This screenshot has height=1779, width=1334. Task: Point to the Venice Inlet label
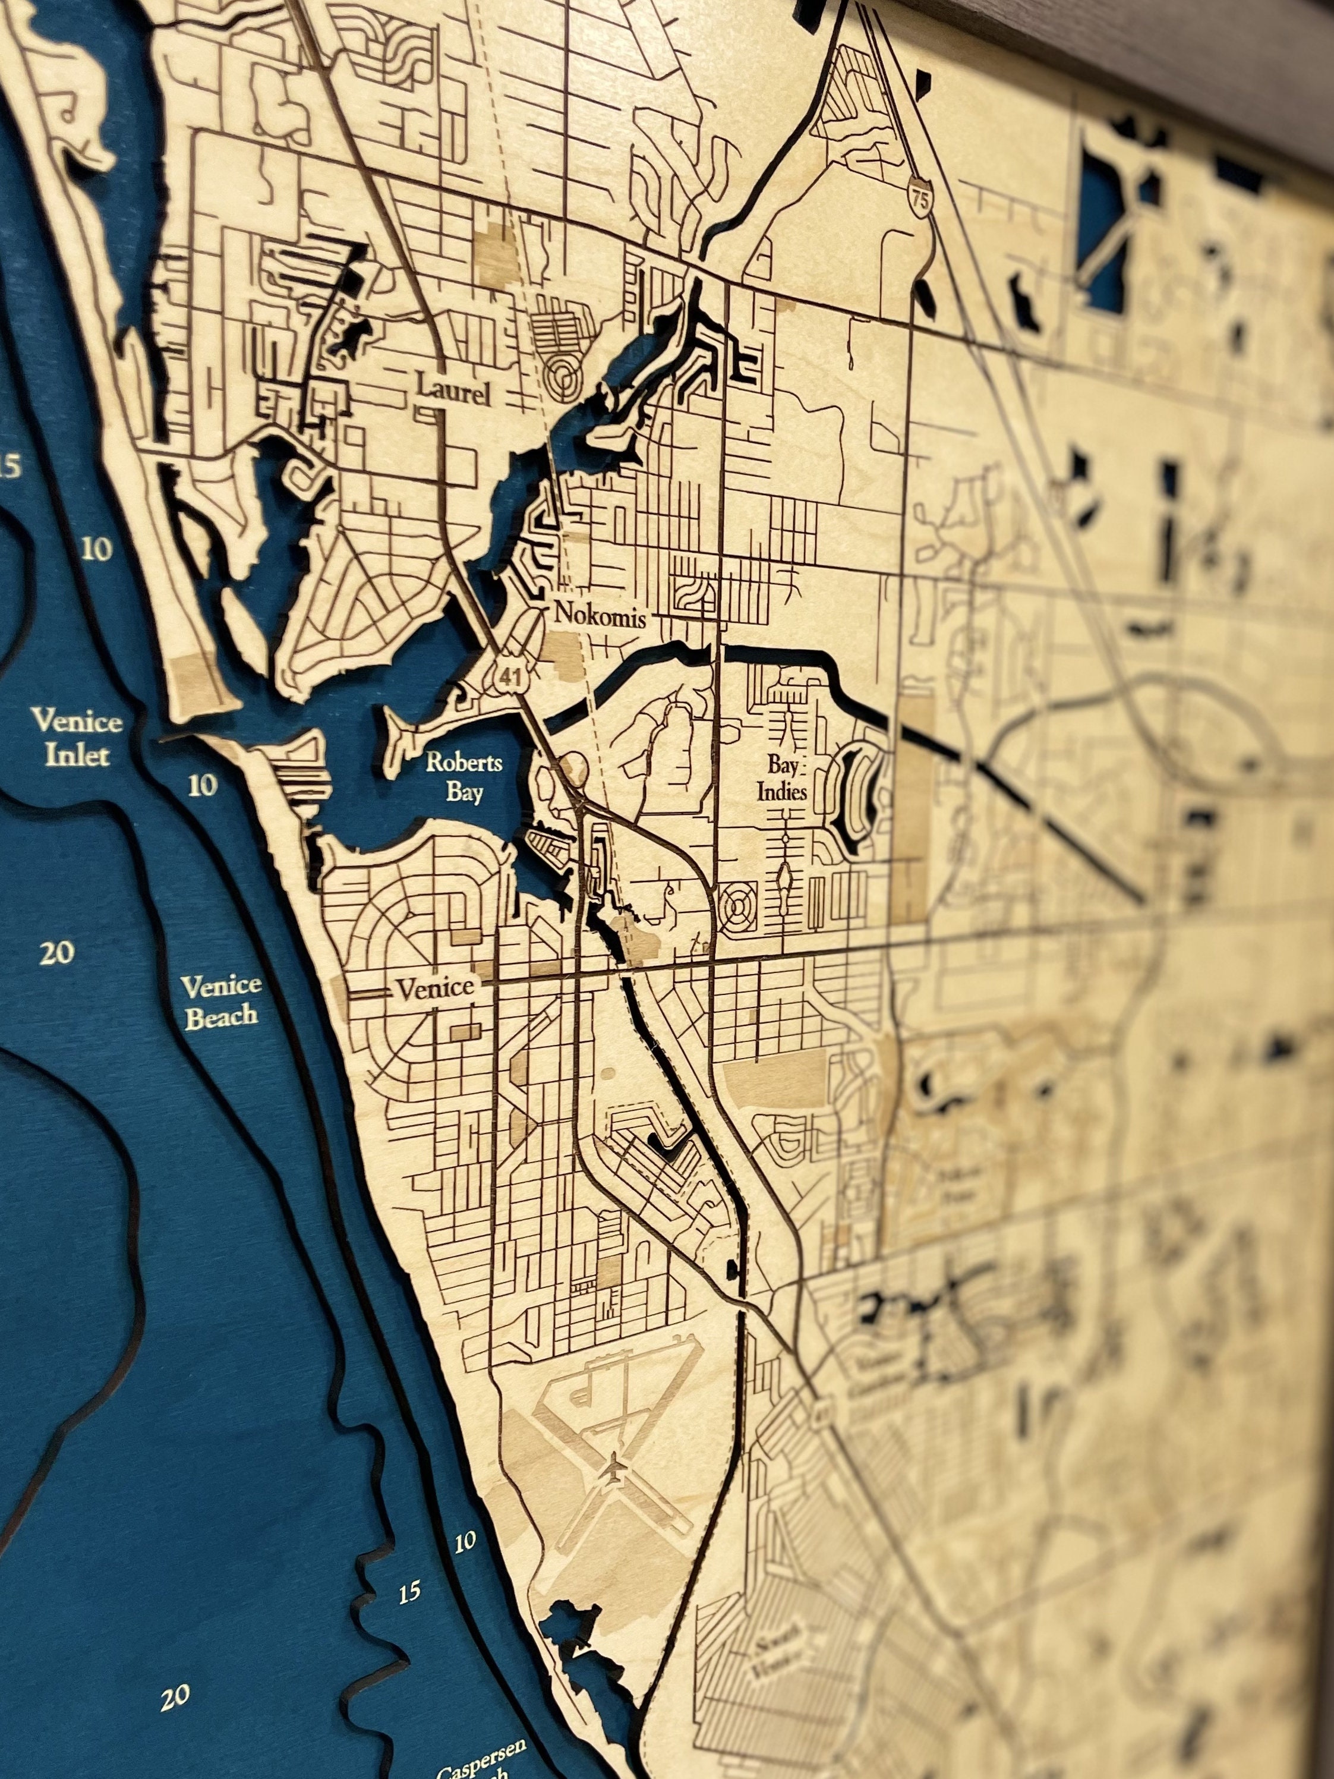click(77, 736)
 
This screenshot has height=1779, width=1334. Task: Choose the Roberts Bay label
click(465, 777)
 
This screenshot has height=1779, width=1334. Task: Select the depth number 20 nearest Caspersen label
click(175, 1697)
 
